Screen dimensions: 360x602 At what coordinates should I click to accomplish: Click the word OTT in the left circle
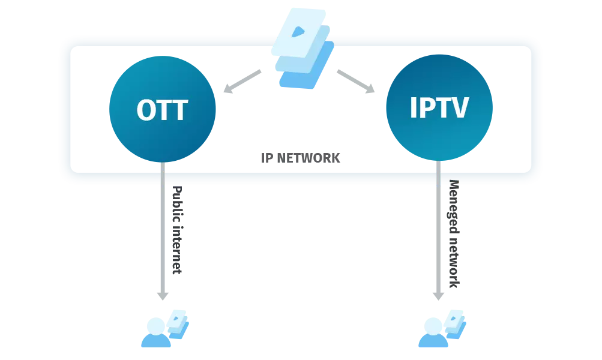point(162,110)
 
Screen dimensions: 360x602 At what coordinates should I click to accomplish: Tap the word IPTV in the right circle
point(439,108)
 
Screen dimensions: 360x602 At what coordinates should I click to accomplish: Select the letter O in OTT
point(146,110)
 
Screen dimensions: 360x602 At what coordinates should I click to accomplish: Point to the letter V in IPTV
point(459,108)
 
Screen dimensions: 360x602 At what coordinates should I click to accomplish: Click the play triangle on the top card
point(298,31)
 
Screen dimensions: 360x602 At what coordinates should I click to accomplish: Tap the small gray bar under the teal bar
point(299,156)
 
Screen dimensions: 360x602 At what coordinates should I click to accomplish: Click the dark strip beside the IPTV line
point(454,234)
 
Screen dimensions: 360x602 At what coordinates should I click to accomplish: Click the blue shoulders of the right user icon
point(431,343)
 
